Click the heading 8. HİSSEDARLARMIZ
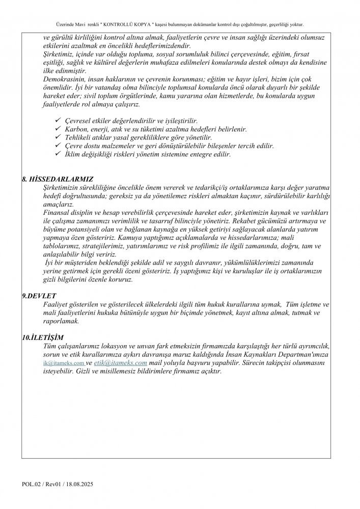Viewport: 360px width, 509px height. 58,180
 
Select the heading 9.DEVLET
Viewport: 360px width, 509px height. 39,296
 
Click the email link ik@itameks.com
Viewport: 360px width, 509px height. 64,363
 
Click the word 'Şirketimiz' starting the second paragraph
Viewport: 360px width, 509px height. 58,54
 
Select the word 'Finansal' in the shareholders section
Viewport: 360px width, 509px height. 57,213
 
